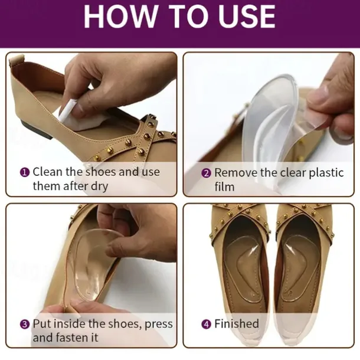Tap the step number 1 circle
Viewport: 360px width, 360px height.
tap(25, 172)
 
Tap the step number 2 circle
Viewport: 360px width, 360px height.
tap(206, 173)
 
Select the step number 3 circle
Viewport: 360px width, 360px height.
tap(25, 325)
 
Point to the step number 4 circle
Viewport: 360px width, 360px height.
tap(206, 325)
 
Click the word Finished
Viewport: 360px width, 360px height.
tap(237, 324)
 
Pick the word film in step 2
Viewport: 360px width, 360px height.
tap(224, 186)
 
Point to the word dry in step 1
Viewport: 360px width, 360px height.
tap(100, 186)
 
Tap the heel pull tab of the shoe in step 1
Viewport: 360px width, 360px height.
tap(17, 61)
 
